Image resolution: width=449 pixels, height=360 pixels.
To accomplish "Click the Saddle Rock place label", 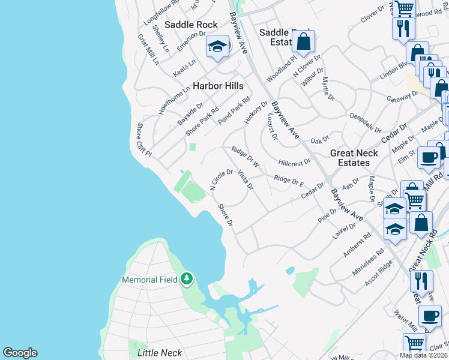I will pyautogui.click(x=191, y=26).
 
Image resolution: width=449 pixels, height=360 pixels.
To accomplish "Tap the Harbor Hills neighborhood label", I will pyautogui.click(x=217, y=86).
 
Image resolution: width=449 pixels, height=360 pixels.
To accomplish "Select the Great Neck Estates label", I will pyautogui.click(x=354, y=158).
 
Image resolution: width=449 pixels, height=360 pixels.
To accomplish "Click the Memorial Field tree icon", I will pyautogui.click(x=187, y=278).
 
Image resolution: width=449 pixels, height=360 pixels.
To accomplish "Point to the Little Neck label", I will pyautogui.click(x=159, y=353).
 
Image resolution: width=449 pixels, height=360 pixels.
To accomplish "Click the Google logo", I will pyautogui.click(x=20, y=353).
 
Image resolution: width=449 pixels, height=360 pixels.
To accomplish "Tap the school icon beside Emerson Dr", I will pyautogui.click(x=217, y=47).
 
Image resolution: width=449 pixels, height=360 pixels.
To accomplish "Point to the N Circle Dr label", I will pyautogui.click(x=221, y=180).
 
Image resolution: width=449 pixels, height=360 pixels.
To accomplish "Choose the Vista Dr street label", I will pyautogui.click(x=246, y=180).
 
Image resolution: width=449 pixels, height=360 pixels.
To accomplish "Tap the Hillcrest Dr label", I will pyautogui.click(x=295, y=162).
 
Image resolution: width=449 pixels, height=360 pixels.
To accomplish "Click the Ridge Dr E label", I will pyautogui.click(x=289, y=179).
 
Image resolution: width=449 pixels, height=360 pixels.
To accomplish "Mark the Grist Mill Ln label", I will pyautogui.click(x=148, y=49).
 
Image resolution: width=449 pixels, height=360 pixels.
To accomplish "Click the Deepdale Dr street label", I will pyautogui.click(x=366, y=122).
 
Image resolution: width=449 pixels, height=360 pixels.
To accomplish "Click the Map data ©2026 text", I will pyautogui.click(x=423, y=355).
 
